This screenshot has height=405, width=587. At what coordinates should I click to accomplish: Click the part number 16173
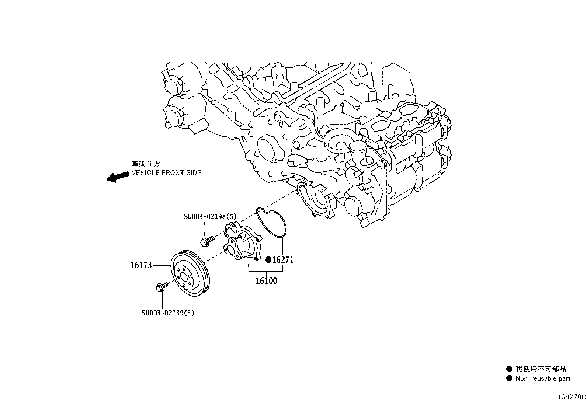[x=141, y=265]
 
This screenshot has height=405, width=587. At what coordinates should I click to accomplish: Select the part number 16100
[x=266, y=281]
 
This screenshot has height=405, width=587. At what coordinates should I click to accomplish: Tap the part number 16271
[x=283, y=260]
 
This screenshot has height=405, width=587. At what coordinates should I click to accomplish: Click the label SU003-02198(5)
[x=210, y=217]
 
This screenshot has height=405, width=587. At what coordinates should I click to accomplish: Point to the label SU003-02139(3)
[x=168, y=313]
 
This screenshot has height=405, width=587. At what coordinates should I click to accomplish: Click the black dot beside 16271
[x=269, y=260]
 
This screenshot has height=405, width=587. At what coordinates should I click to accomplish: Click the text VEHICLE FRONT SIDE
[x=166, y=172]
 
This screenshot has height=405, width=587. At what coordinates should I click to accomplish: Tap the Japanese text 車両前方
[x=146, y=164]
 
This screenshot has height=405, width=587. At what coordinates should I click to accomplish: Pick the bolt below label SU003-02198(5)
[x=205, y=241]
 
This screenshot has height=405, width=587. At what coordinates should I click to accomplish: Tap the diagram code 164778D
[x=571, y=397]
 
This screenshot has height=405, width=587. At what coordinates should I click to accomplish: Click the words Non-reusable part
[x=543, y=378]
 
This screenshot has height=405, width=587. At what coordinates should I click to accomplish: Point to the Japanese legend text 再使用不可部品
[x=541, y=369]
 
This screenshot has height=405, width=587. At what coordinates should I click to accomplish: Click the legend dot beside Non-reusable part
[x=509, y=378]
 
